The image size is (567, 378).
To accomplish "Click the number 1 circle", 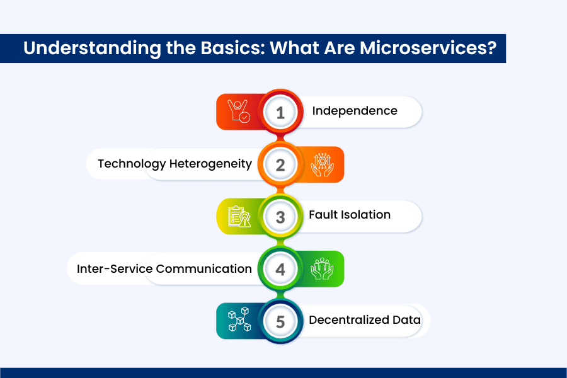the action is [x=280, y=112].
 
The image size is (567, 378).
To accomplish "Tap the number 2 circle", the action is [x=280, y=164].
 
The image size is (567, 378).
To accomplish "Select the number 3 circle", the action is [x=280, y=216].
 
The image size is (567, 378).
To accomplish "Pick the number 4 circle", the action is [x=280, y=269].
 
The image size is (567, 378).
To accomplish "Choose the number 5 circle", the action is [x=280, y=321].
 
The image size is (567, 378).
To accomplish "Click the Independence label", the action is [x=355, y=111].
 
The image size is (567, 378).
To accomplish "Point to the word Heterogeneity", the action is [x=210, y=164].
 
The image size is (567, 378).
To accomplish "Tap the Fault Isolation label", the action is [x=350, y=214].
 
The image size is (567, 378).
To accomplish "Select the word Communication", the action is [x=204, y=269].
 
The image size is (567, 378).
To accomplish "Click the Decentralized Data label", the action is [x=365, y=320].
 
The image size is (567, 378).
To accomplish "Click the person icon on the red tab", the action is [x=239, y=111].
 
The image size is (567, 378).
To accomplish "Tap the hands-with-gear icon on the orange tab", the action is [x=322, y=165].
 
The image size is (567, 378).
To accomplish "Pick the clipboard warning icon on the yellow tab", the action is [x=239, y=217].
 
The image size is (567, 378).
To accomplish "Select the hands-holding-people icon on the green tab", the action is [x=322, y=269].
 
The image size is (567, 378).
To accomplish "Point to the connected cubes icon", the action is [x=239, y=319].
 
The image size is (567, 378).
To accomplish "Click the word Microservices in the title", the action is [x=428, y=48].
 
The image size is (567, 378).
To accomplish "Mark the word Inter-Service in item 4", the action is [x=115, y=269].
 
